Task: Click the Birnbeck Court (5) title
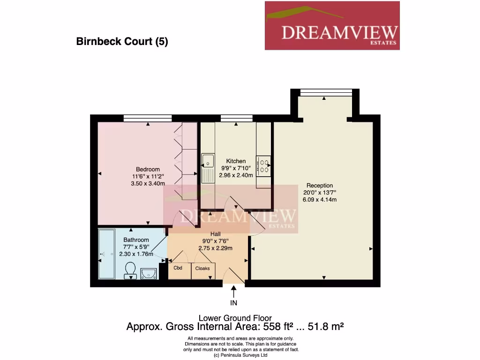pyautogui.click(x=122, y=42)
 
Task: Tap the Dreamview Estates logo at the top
pyautogui.click(x=332, y=25)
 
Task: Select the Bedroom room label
pyautogui.click(x=148, y=169)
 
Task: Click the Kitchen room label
pyautogui.click(x=236, y=161)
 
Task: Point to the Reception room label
pyautogui.click(x=320, y=186)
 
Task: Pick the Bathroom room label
pyautogui.click(x=136, y=240)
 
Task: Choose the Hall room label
pyautogui.click(x=216, y=234)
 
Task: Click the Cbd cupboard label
pyautogui.click(x=178, y=268)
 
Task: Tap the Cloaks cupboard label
pyautogui.click(x=202, y=269)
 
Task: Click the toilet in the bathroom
pyautogui.click(x=130, y=270)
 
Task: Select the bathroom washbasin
pyautogui.click(x=149, y=273)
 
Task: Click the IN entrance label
pyautogui.click(x=233, y=303)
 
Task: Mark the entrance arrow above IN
pyautogui.click(x=233, y=292)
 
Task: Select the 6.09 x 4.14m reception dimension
pyautogui.click(x=320, y=200)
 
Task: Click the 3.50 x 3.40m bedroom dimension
pyautogui.click(x=148, y=184)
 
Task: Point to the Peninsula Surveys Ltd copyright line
pyautogui.click(x=240, y=355)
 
